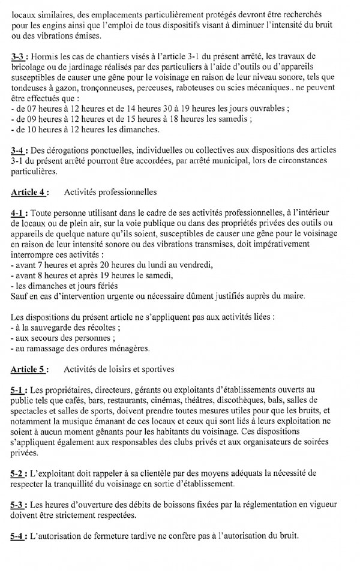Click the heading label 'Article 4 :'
click(x=30, y=193)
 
